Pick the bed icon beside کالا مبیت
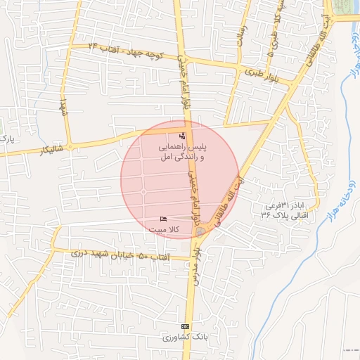coord(164,220)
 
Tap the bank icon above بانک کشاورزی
coord(186,327)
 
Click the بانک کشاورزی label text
coord(186,338)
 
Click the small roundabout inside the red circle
coord(143,192)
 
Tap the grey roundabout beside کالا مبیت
coord(202,231)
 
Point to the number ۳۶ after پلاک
coord(266,215)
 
